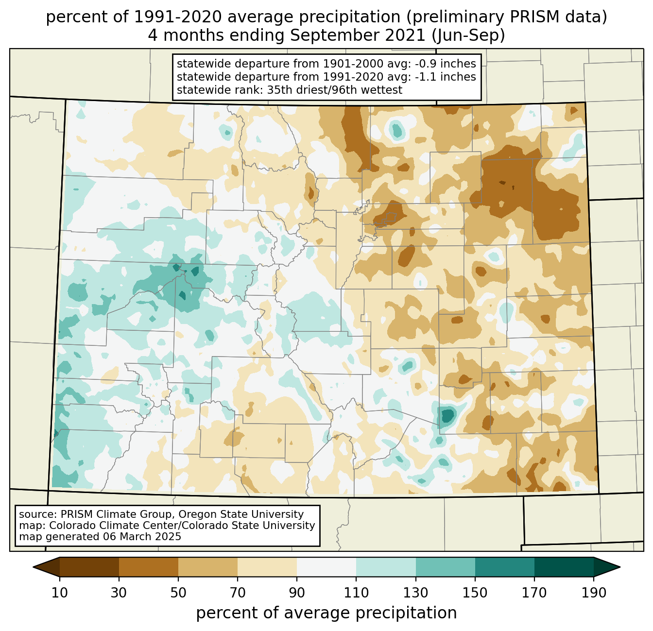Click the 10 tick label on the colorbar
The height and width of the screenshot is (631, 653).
pos(60,593)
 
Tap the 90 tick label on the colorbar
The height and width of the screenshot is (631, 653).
pos(297,593)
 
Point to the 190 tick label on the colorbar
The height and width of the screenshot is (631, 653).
pos(594,593)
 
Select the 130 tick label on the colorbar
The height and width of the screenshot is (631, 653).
pos(416,593)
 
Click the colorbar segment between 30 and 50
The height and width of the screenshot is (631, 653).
pos(149,567)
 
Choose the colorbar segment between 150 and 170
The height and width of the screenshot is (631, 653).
pos(505,567)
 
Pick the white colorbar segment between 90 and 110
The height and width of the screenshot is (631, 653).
pos(326,567)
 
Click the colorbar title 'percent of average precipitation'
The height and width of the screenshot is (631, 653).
pos(326,613)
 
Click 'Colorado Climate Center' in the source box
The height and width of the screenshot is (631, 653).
pos(106,526)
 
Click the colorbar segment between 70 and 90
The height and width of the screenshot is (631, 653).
pos(267,567)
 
